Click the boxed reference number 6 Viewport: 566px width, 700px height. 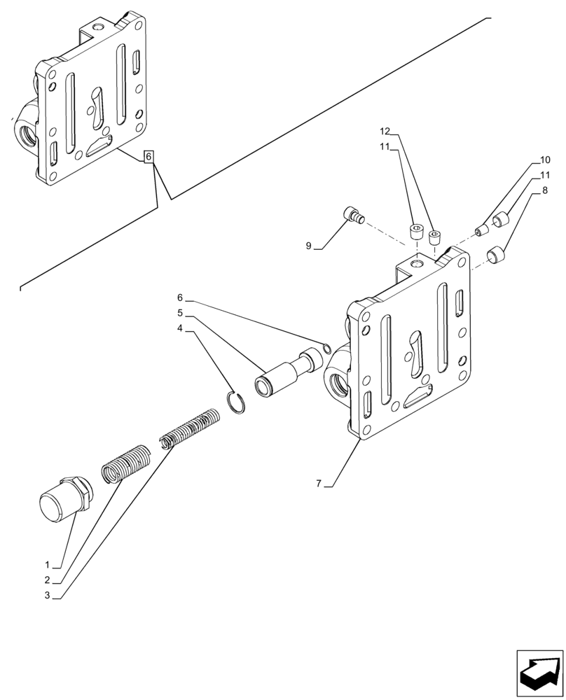[149, 157]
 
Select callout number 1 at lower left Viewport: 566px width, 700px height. [47, 564]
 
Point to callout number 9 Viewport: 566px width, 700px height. [308, 246]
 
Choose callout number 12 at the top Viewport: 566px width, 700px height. [385, 131]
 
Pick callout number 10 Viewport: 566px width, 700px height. [545, 160]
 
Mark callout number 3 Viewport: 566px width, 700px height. [47, 595]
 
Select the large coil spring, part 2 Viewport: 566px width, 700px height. [125, 463]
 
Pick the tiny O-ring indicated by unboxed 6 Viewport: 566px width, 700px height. [326, 346]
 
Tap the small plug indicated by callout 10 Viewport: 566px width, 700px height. [481, 230]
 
